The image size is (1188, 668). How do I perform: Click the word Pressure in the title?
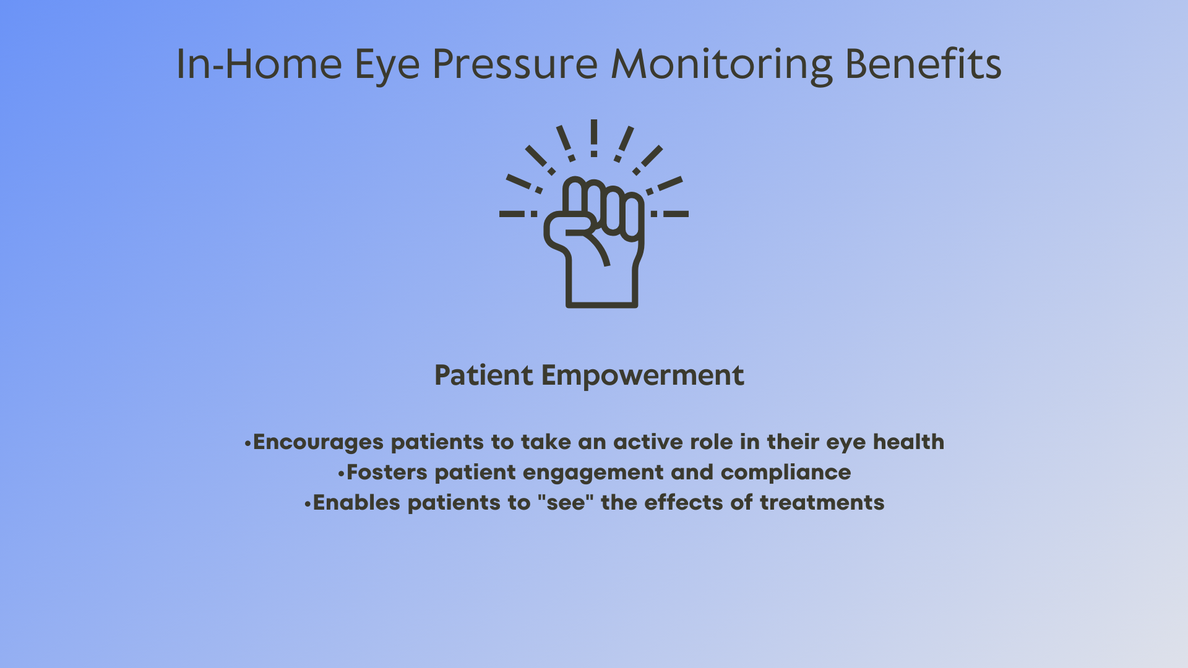515,64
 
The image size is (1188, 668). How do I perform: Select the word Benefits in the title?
923,64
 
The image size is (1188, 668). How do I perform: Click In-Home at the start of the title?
259,64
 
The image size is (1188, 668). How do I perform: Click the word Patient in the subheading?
484,375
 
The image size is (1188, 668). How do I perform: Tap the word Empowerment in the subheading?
643,376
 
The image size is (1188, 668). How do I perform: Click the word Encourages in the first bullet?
319,442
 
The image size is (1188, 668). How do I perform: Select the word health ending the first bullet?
908,442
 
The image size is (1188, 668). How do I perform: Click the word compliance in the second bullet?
786,473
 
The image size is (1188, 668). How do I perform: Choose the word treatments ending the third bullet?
822,503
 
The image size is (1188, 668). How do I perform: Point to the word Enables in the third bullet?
357,502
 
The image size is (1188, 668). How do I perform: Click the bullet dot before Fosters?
341,474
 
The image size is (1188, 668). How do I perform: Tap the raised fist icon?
594,242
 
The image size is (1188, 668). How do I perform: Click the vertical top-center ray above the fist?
594,138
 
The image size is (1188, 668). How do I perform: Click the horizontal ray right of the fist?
669,214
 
